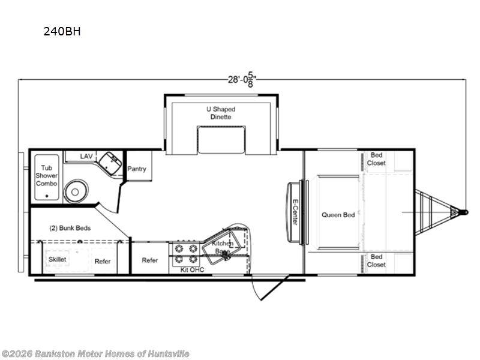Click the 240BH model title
[x=62, y=32]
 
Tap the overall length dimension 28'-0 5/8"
[x=242, y=80]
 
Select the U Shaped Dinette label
[x=221, y=113]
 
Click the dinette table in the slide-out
[x=221, y=140]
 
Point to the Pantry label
[x=137, y=169]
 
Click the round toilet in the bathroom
[x=76, y=191]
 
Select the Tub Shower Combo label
[x=47, y=176]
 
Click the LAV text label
[x=86, y=157]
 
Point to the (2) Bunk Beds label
[x=70, y=228]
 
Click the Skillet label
[x=57, y=259]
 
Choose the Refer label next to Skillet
[x=103, y=262]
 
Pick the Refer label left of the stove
[x=150, y=260]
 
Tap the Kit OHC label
[x=192, y=269]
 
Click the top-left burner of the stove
[x=178, y=248]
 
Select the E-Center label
[x=295, y=212]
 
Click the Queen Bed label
[x=338, y=215]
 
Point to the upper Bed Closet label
[x=376, y=159]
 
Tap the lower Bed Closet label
[x=376, y=261]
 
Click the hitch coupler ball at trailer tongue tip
[x=466, y=212]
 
